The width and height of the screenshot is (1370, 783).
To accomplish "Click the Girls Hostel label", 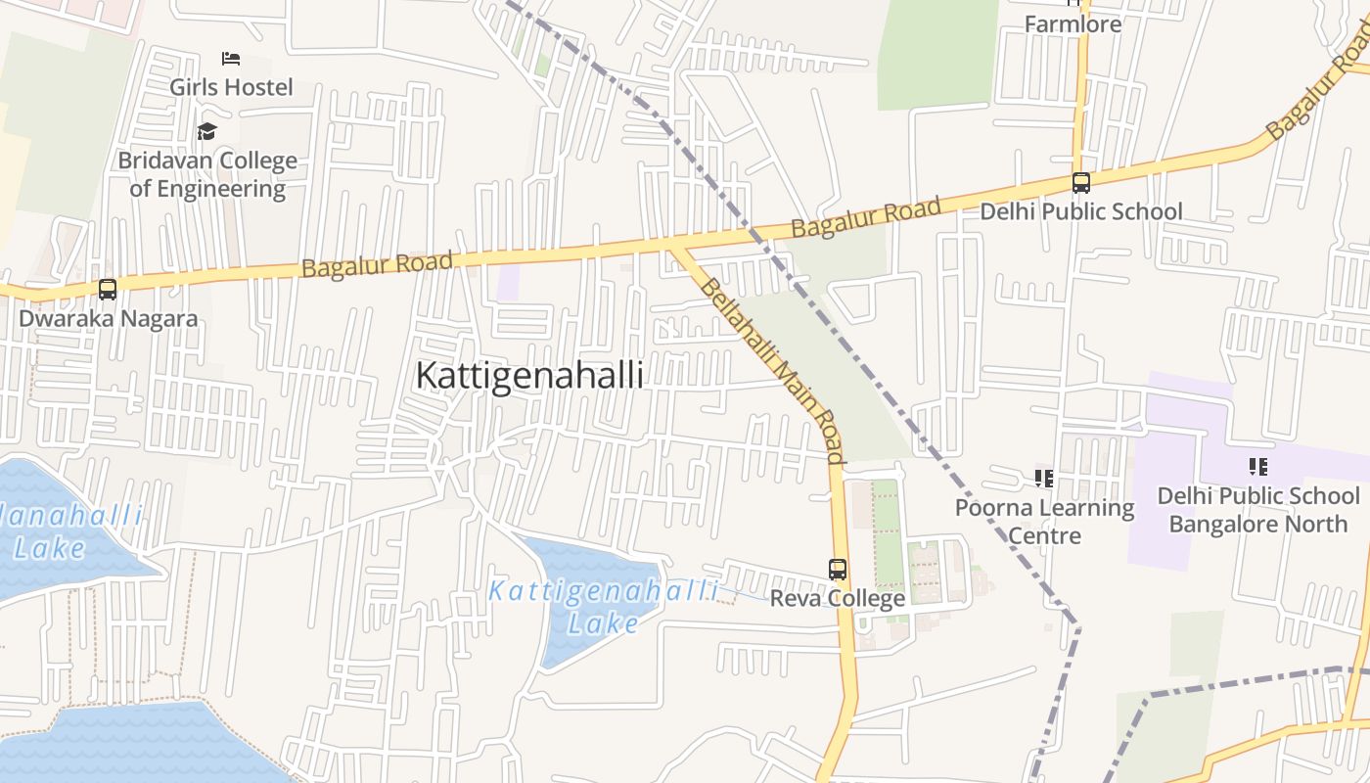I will (x=231, y=87).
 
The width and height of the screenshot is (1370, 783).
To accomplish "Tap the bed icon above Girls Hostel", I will (x=231, y=59).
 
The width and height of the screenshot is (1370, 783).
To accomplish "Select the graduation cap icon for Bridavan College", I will (x=206, y=131).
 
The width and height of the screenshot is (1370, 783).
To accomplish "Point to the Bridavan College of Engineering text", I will (x=207, y=174).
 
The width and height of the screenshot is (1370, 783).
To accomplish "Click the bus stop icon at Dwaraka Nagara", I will (x=108, y=290).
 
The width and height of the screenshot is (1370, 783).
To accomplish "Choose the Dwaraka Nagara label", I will (x=108, y=318).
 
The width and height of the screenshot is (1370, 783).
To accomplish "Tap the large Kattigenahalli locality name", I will (x=529, y=376).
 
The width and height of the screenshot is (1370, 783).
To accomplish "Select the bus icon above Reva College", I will (x=838, y=570).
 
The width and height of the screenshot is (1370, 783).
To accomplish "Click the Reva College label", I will (x=838, y=598).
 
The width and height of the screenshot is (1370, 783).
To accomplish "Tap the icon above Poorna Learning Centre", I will (x=1044, y=479).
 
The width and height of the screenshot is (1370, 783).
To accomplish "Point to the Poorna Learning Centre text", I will (x=1044, y=522).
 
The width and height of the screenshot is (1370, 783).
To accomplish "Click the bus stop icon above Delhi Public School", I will (x=1081, y=183).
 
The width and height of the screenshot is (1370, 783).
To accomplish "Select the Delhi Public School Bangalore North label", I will (x=1258, y=510).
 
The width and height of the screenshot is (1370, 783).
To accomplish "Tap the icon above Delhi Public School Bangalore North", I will (x=1258, y=467).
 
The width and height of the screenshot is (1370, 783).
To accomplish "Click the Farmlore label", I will (x=1073, y=23).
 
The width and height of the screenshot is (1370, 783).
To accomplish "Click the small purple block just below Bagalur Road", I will (x=508, y=282).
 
